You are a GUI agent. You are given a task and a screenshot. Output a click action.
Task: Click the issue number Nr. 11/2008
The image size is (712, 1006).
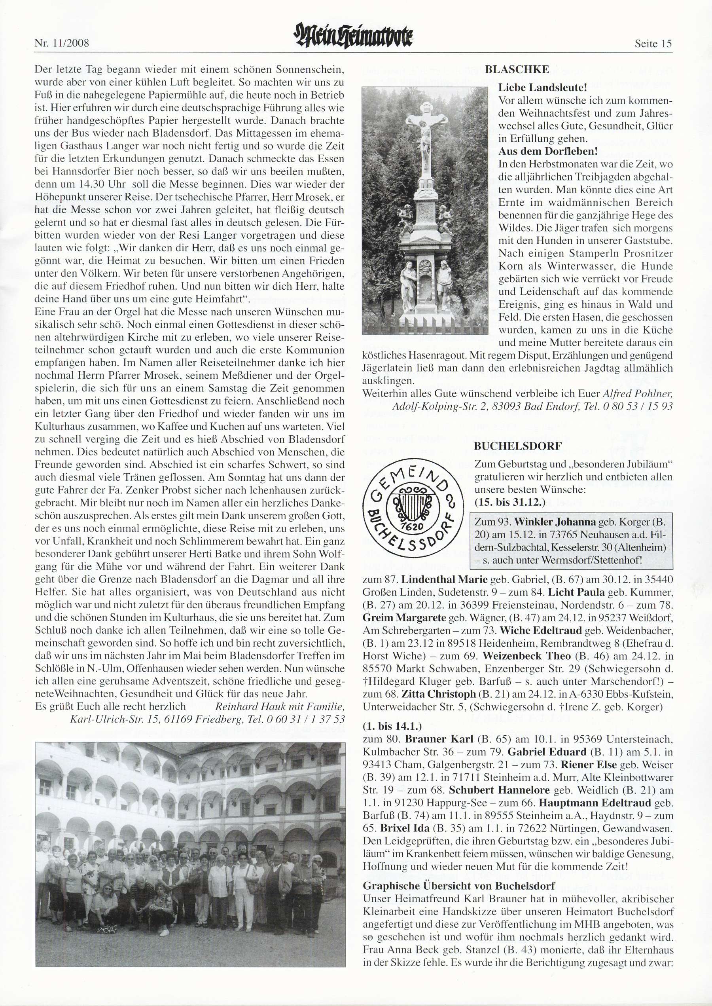click(61, 44)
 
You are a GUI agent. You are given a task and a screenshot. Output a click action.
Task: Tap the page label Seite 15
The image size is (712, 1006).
click(653, 44)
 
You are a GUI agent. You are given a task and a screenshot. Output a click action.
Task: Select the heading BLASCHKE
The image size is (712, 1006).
click(517, 69)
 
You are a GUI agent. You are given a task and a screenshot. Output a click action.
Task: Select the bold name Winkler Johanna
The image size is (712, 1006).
click(555, 522)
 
